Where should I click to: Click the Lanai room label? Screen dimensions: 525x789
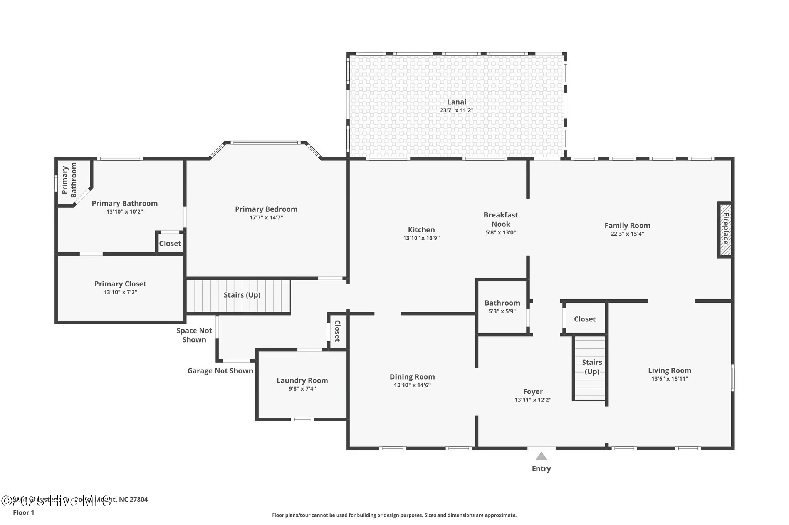pos(457,102)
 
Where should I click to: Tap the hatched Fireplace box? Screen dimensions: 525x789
pos(725,229)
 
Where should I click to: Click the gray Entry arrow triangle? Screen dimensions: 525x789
pos(541,456)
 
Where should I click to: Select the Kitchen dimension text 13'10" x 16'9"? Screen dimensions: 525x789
pos(421,238)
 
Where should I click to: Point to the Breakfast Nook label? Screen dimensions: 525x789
pos(500,219)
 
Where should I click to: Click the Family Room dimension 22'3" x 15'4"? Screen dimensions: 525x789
pos(627,234)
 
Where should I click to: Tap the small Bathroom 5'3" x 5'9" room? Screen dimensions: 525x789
pos(502,307)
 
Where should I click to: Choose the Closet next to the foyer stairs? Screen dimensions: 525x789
pos(584,319)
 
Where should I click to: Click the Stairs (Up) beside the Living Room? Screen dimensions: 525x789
pos(592,367)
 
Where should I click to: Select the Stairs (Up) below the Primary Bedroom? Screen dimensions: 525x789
pos(242,295)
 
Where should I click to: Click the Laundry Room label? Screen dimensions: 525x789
pos(302,380)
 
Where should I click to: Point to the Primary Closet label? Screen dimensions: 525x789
pos(120,284)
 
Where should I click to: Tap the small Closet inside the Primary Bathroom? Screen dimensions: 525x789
pos(170,244)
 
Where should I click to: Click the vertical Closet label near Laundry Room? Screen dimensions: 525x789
pos(337,331)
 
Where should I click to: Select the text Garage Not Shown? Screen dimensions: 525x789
pos(220,371)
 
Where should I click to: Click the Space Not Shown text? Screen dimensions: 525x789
pos(194,335)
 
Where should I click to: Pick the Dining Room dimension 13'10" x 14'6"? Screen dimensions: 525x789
pos(412,385)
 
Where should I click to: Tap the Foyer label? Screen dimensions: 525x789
pos(533,391)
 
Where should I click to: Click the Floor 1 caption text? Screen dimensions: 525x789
pos(24,512)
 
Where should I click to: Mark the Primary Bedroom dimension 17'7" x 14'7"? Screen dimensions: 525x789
pos(266,217)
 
